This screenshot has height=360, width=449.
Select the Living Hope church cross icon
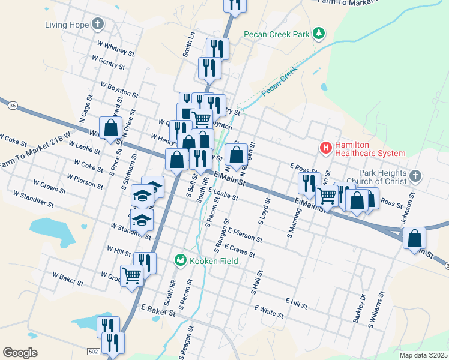click(x=98, y=25)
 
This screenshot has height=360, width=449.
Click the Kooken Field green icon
click(x=179, y=260)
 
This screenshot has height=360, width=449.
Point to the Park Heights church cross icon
click(x=415, y=176)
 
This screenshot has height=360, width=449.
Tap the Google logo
click(x=20, y=353)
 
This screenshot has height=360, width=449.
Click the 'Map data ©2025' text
click(x=423, y=355)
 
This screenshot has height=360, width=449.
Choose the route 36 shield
click(x=13, y=106)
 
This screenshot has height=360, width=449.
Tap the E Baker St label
click(x=158, y=309)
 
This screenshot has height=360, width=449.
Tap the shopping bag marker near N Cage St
click(x=110, y=128)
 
